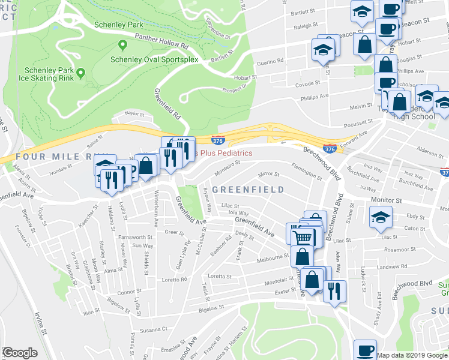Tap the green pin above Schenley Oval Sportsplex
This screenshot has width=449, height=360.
pos(123,45)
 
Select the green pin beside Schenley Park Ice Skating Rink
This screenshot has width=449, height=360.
pos(80,73)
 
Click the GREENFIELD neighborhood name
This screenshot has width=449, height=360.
pos(248,190)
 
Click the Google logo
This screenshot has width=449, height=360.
pos(20,353)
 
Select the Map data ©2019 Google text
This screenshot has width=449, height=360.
pos(411,355)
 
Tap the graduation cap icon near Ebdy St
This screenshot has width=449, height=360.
pos(381,217)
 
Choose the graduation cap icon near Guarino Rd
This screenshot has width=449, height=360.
pos(323,52)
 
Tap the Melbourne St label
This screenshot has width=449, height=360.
pos(273,257)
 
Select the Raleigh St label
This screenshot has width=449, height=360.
pos(305,27)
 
